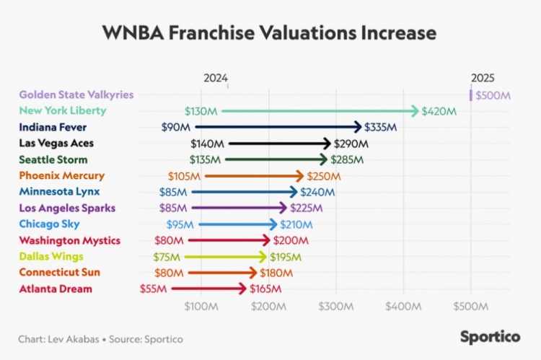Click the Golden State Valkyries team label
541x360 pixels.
tap(76, 95)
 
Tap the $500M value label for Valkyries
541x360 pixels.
tap(492, 95)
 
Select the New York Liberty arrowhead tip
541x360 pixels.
tap(416, 111)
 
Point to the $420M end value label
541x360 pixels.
tap(439, 111)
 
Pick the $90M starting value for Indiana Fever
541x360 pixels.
tap(176, 127)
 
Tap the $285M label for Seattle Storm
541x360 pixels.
tap(347, 159)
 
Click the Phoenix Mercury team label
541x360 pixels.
tap(61, 175)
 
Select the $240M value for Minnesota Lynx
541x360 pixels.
tap(317, 192)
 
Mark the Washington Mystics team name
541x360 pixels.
tap(69, 240)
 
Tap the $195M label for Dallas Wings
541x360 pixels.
tap(286, 257)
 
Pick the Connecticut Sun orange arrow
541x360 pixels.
tap(223, 273)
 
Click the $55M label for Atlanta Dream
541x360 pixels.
tap(154, 289)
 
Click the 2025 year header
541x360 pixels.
tap(483, 78)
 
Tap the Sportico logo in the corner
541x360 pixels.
tap(491, 336)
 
